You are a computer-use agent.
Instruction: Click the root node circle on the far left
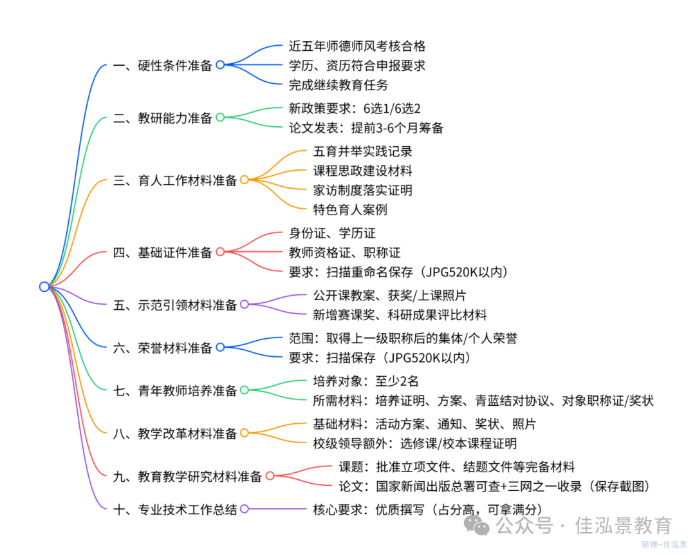pos(44,287)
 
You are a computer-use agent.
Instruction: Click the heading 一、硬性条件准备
pos(162,65)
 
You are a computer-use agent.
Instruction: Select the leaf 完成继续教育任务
pos(338,84)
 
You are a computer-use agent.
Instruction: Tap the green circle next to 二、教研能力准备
pos(220,118)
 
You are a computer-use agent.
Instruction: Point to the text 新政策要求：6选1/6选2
pos(355,108)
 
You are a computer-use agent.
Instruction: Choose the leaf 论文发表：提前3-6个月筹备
pos(366,128)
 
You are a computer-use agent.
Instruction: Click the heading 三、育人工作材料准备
pos(174,180)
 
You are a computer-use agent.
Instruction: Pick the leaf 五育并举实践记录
pos(362,152)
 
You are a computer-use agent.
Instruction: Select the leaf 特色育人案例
pos(350,210)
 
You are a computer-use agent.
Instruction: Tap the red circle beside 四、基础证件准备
pos(220,253)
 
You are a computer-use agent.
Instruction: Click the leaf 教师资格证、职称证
pos(344,253)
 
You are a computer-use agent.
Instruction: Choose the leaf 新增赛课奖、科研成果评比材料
pos(400,315)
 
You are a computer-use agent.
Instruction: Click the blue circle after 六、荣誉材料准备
pos(220,348)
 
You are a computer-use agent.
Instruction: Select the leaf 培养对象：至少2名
pos(366,381)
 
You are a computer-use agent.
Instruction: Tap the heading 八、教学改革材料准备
pos(174,434)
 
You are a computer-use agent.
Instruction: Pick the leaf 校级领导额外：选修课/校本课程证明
pos(414,443)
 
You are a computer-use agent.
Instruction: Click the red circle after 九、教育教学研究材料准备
pos(270,477)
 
